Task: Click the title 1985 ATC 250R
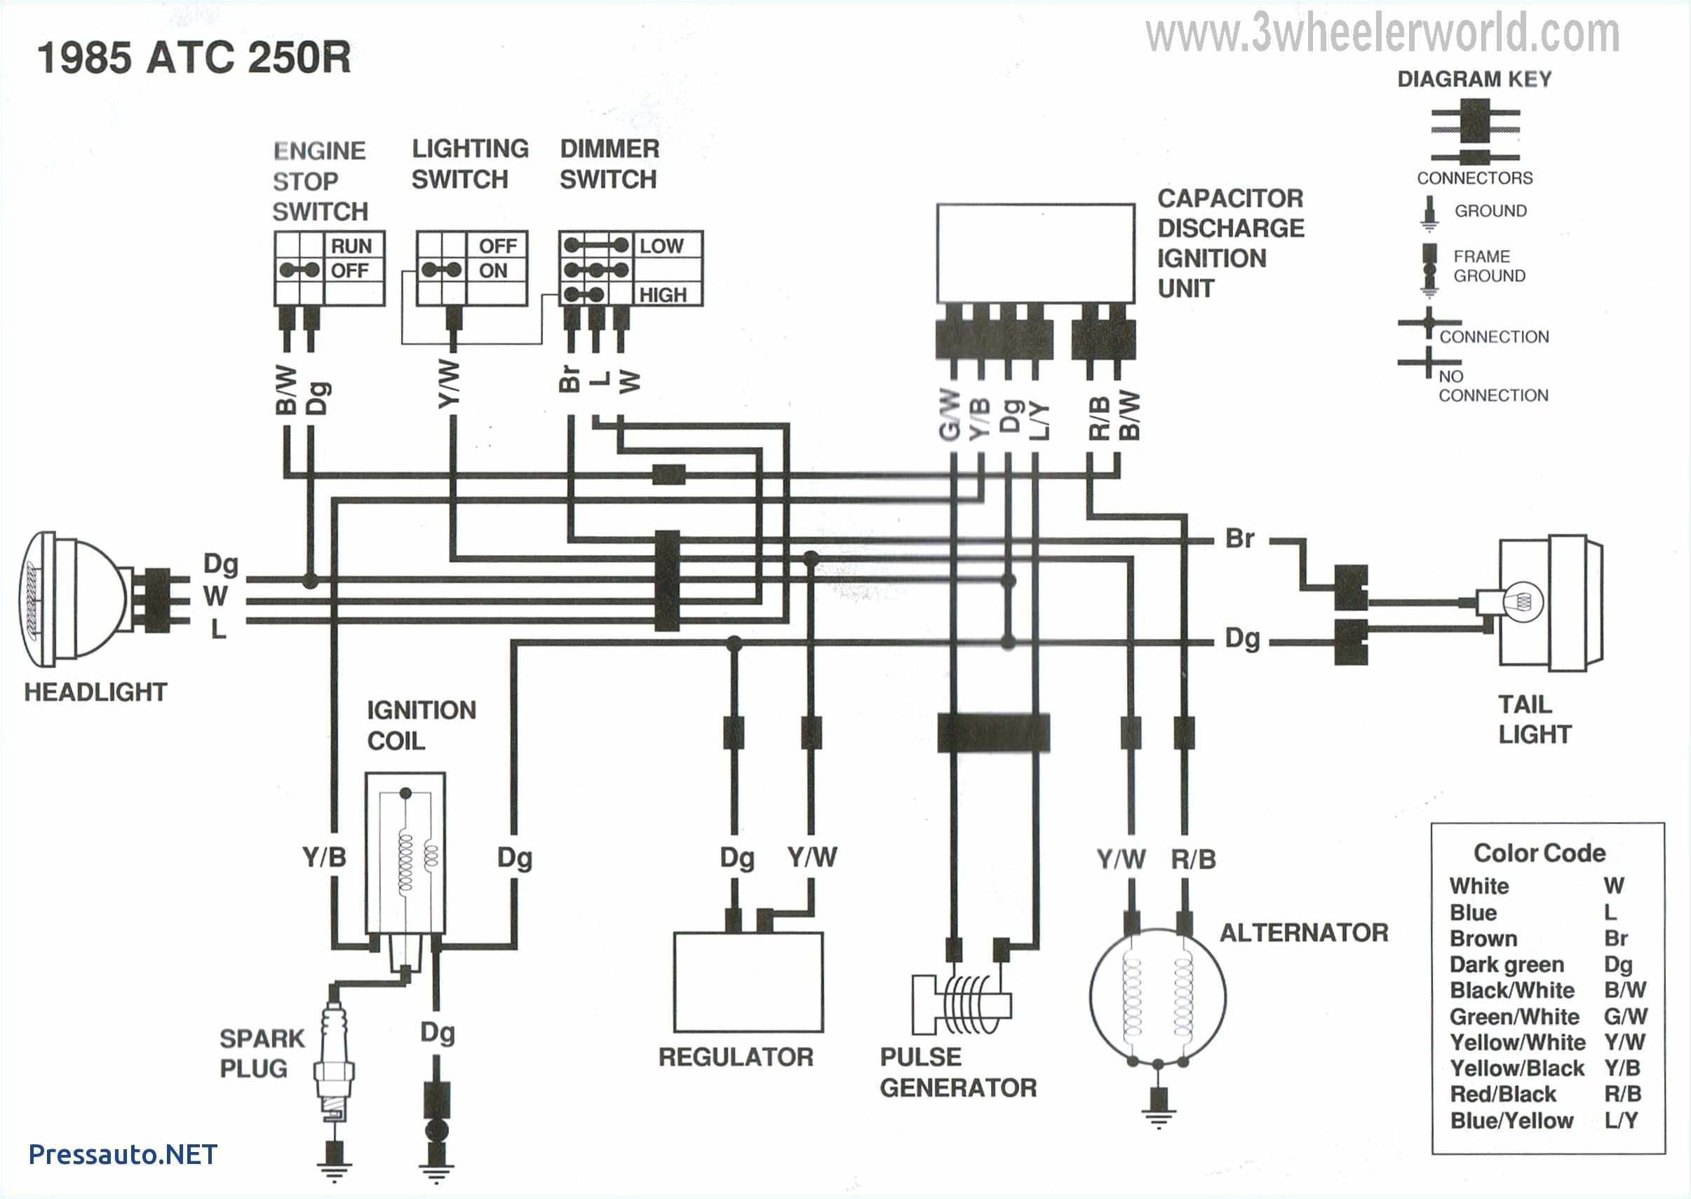(x=194, y=57)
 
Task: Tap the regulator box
(x=748, y=982)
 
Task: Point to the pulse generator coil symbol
(x=962, y=1004)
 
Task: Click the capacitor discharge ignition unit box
(x=1035, y=252)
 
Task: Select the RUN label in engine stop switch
(x=351, y=246)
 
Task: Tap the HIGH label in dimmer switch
(x=663, y=294)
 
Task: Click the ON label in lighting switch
(x=493, y=271)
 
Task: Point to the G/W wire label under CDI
(x=950, y=415)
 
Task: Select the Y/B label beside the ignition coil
(x=323, y=857)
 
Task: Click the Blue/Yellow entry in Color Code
(x=1511, y=1120)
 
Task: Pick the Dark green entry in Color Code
(x=1507, y=964)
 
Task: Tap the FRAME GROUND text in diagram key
(x=1488, y=266)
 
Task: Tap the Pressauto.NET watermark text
(x=123, y=1154)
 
